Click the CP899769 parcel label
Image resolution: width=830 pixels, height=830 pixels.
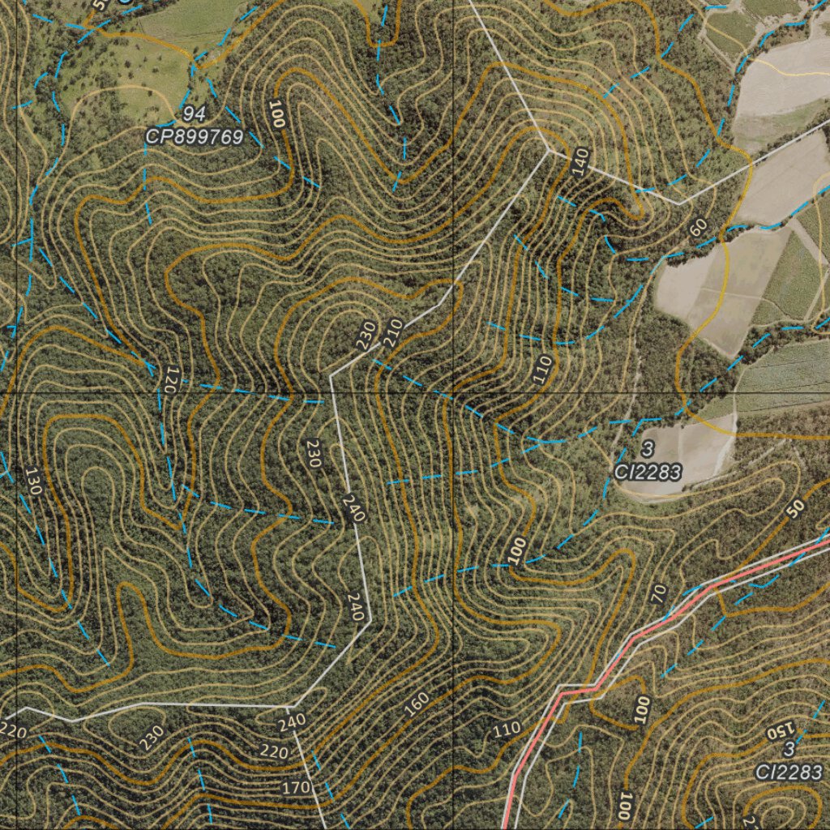[x=195, y=137]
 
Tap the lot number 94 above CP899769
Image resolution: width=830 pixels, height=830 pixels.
[x=193, y=113]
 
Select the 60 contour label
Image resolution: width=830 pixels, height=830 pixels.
[x=699, y=229]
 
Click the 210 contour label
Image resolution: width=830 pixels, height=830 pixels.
[x=393, y=332]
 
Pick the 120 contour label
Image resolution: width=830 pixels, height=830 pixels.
[x=169, y=379]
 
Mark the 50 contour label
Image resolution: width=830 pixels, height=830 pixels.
[x=795, y=508]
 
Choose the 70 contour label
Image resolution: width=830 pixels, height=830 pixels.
[x=659, y=594]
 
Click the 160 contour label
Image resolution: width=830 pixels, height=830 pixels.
[x=416, y=704]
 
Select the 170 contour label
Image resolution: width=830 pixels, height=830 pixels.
[x=295, y=786]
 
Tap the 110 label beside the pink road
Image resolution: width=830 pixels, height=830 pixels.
[x=507, y=729]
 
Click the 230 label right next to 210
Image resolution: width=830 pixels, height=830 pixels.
[x=366, y=336]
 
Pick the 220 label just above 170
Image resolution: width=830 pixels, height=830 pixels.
[x=274, y=751]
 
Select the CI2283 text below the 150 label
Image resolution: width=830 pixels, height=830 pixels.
[x=789, y=772]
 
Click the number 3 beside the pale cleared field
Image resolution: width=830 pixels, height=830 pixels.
[x=647, y=448]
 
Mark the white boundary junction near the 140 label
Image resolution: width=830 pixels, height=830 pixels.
[x=549, y=149]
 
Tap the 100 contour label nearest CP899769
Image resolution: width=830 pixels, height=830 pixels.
[x=278, y=115]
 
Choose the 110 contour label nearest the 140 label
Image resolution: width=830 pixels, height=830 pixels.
[x=542, y=369]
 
